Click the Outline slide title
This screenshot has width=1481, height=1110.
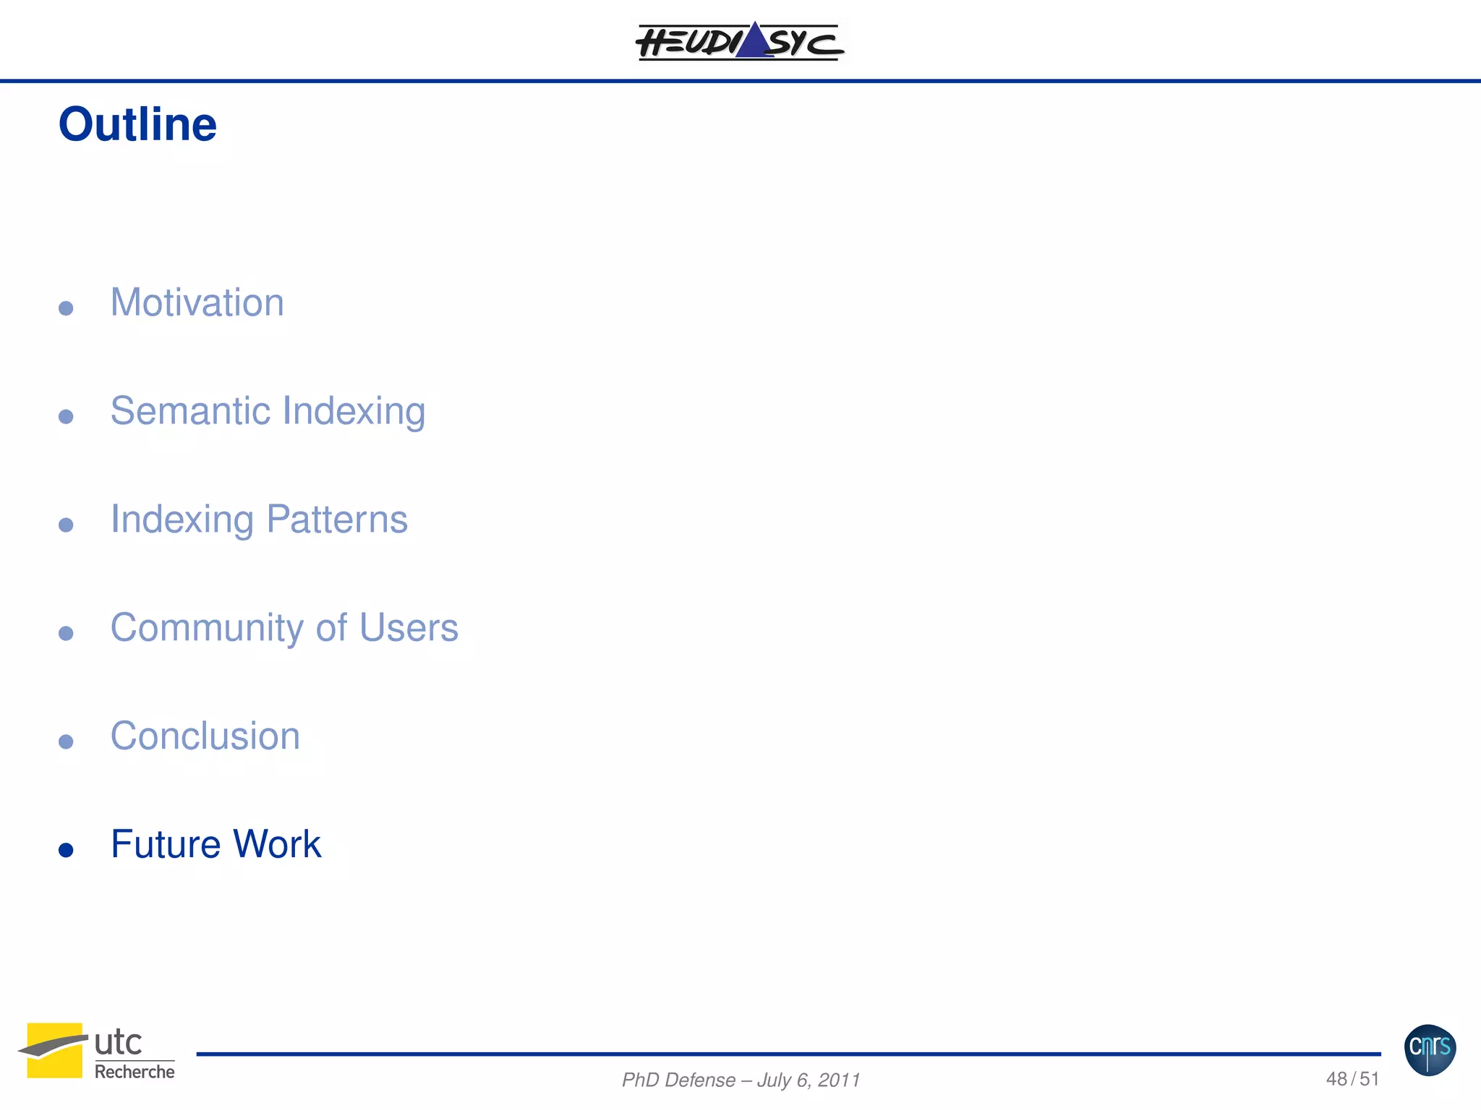click(137, 124)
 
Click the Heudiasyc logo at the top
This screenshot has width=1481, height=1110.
click(740, 41)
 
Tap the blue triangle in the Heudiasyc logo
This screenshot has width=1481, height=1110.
click(754, 42)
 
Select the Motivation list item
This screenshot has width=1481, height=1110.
click(197, 302)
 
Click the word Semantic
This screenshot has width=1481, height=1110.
click(190, 410)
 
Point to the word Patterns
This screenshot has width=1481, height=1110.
click(337, 519)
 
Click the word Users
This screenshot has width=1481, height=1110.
click(409, 627)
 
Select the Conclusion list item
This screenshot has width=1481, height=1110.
click(205, 736)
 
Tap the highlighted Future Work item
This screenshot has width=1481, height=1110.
click(215, 844)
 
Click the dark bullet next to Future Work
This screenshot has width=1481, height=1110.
click(66, 850)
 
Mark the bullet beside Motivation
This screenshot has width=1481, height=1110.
click(66, 309)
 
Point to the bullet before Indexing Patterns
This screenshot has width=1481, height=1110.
click(66, 525)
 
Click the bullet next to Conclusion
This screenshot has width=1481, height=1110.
click(66, 741)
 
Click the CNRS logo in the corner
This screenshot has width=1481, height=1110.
click(1430, 1049)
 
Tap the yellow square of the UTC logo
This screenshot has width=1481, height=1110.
click(54, 1050)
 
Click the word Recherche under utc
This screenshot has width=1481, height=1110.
click(135, 1072)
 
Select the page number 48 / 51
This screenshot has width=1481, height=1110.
click(1352, 1079)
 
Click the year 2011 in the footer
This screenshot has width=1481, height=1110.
click(839, 1080)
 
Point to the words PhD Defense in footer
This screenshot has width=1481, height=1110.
click(678, 1080)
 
